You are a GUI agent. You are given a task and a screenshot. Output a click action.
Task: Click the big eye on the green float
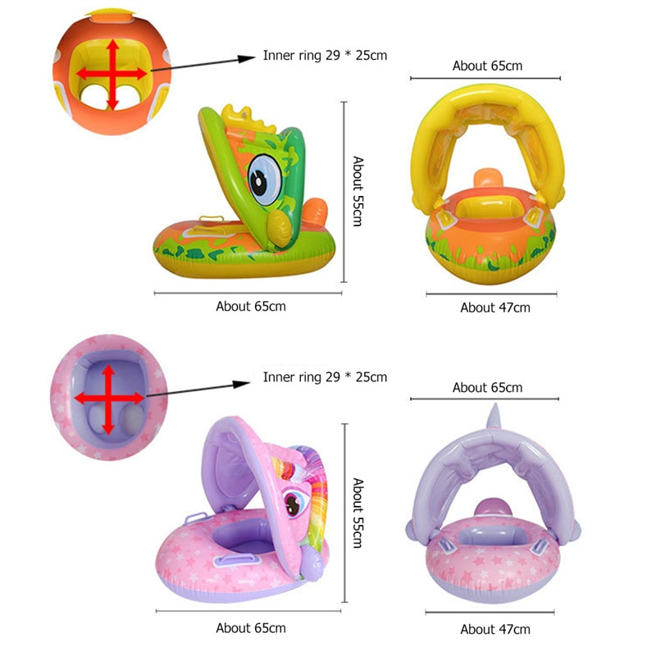[263, 180]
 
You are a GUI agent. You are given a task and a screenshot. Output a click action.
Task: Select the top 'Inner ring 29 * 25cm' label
[325, 56]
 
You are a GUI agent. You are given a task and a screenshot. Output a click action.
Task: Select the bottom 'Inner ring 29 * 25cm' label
[325, 377]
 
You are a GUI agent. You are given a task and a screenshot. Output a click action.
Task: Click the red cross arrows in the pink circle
[108, 398]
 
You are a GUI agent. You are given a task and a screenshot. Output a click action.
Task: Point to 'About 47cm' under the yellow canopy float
[495, 307]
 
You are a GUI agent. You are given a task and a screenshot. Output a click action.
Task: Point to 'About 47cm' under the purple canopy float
[495, 630]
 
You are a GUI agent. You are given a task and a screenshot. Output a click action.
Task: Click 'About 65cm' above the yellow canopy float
[487, 66]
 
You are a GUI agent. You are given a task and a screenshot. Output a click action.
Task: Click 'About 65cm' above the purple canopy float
[487, 387]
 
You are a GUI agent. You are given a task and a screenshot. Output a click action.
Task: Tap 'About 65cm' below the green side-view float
[251, 306]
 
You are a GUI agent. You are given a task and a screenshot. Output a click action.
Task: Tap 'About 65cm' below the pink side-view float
[251, 628]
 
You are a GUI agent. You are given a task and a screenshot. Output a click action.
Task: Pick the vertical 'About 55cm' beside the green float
[358, 192]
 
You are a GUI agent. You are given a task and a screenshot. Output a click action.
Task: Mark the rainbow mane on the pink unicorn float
[315, 484]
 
